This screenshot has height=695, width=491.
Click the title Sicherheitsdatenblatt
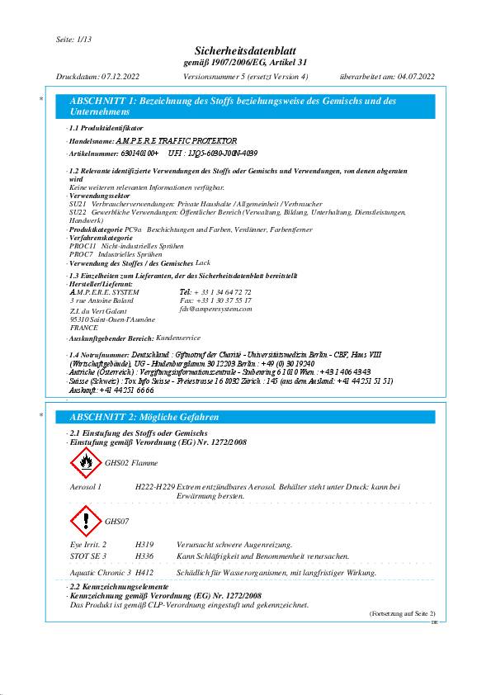coord(244,52)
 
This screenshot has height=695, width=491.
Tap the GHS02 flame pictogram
coord(86,463)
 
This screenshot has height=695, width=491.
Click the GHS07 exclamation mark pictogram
coord(86,521)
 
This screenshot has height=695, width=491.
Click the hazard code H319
coord(144,546)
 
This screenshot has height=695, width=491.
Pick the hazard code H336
coord(144,556)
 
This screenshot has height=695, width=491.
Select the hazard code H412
coord(144,573)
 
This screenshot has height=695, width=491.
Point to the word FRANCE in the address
coord(84,327)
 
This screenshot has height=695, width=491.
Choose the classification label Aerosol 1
coord(86,488)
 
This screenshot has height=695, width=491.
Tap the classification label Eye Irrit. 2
coord(88,546)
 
